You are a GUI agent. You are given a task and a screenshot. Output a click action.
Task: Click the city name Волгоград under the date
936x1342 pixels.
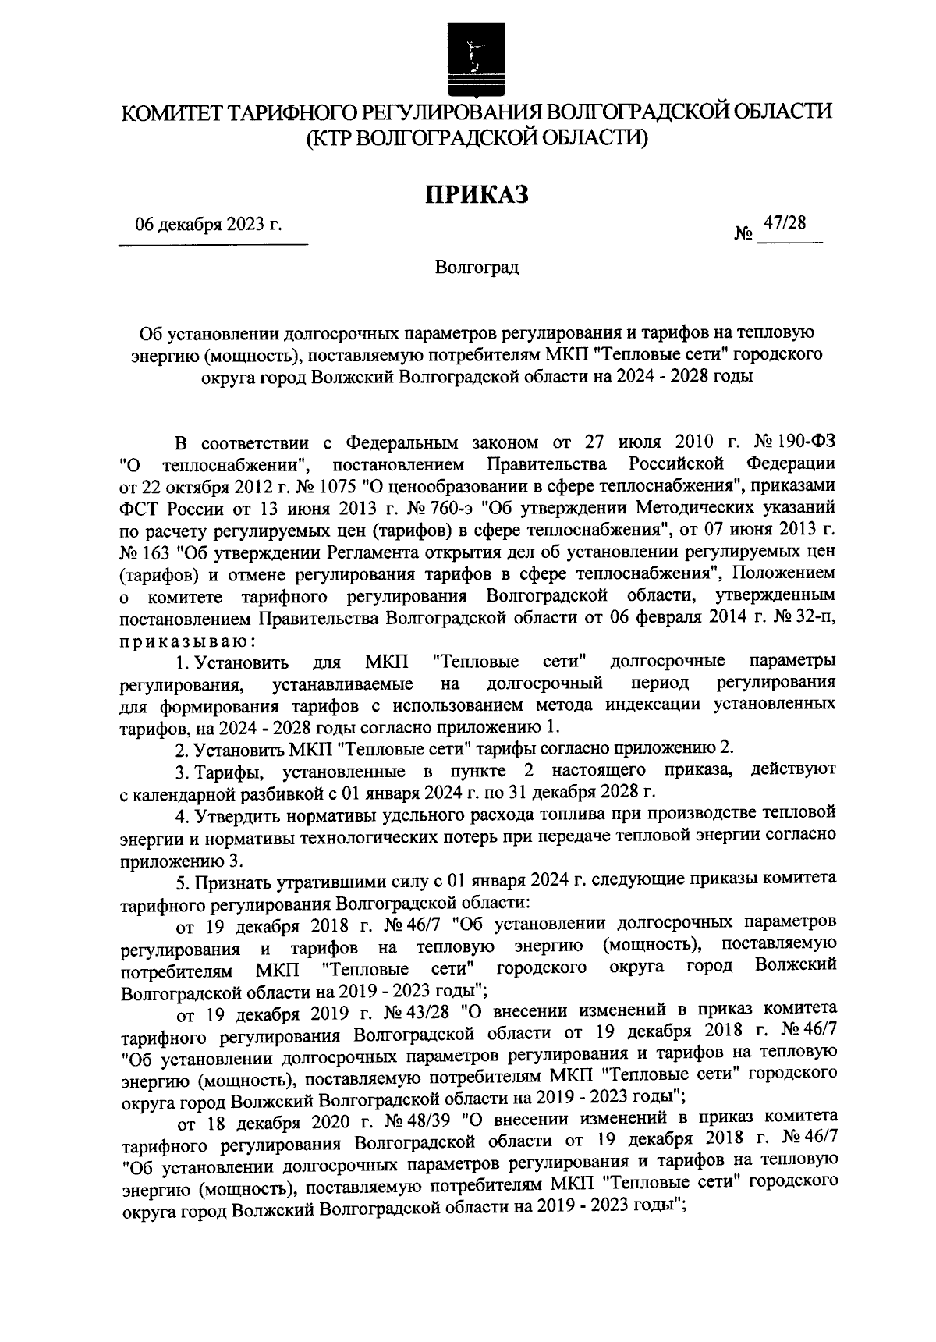tap(477, 268)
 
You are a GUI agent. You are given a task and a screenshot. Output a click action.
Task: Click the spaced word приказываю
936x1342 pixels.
tap(186, 640)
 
